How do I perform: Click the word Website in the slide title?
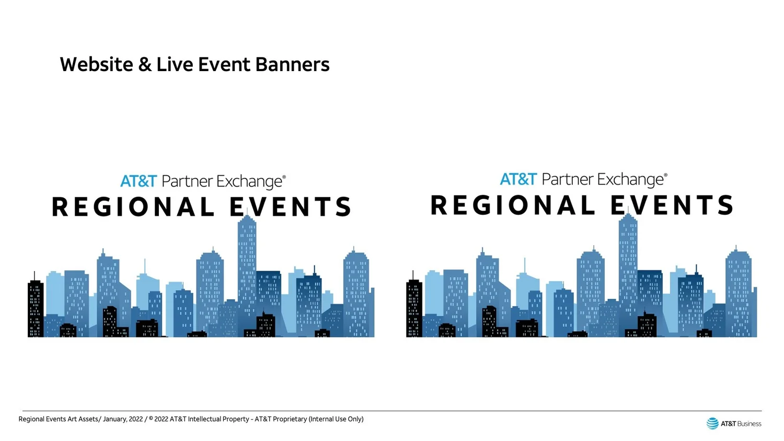(97, 64)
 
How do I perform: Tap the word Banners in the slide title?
(292, 64)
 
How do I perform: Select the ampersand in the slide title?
(145, 65)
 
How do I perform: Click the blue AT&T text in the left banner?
(139, 181)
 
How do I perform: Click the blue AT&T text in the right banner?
(518, 179)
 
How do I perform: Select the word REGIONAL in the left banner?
(133, 206)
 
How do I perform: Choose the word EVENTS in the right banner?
(672, 205)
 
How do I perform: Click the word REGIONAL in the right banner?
(512, 205)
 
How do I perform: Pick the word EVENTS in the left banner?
(291, 206)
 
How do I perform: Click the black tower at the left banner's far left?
(36, 308)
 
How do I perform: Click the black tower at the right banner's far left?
(414, 308)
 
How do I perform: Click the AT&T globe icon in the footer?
(712, 424)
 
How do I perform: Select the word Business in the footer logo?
(749, 424)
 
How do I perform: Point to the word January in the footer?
(115, 419)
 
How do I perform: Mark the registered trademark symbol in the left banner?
(284, 177)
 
